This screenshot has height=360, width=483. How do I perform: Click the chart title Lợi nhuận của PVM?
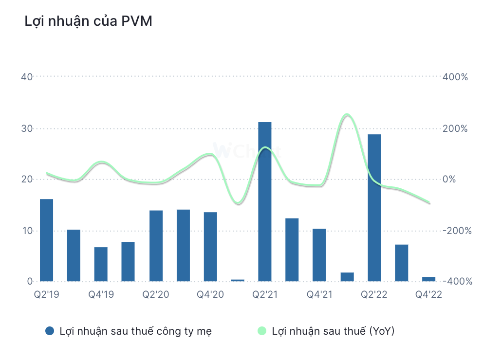pyautogui.click(x=88, y=22)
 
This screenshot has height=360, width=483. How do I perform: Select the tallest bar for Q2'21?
pyautogui.click(x=264, y=201)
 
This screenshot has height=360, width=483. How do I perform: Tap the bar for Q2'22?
pyautogui.click(x=374, y=208)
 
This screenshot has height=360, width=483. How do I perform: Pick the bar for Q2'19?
pyautogui.click(x=46, y=240)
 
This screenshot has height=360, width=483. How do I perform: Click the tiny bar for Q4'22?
pyautogui.click(x=428, y=279)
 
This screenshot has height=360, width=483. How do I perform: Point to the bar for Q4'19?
pyautogui.click(x=101, y=264)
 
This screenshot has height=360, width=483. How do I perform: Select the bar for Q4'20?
pyautogui.click(x=210, y=247)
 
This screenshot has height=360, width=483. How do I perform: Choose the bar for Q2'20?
pyautogui.click(x=156, y=246)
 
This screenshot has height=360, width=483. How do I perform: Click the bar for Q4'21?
pyautogui.click(x=319, y=255)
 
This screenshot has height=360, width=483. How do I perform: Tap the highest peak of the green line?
pyautogui.click(x=347, y=115)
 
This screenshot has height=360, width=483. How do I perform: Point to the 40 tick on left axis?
pyautogui.click(x=27, y=77)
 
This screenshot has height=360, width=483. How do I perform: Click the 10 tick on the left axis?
pyautogui.click(x=27, y=231)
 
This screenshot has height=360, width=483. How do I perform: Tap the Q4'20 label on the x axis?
pyautogui.click(x=210, y=294)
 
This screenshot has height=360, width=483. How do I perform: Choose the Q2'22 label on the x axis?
pyautogui.click(x=373, y=294)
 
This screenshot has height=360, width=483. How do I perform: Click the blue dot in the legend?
pyautogui.click(x=49, y=331)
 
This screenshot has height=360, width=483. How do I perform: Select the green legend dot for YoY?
pyautogui.click(x=261, y=331)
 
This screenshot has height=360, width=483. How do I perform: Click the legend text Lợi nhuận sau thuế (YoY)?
pyautogui.click(x=333, y=331)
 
